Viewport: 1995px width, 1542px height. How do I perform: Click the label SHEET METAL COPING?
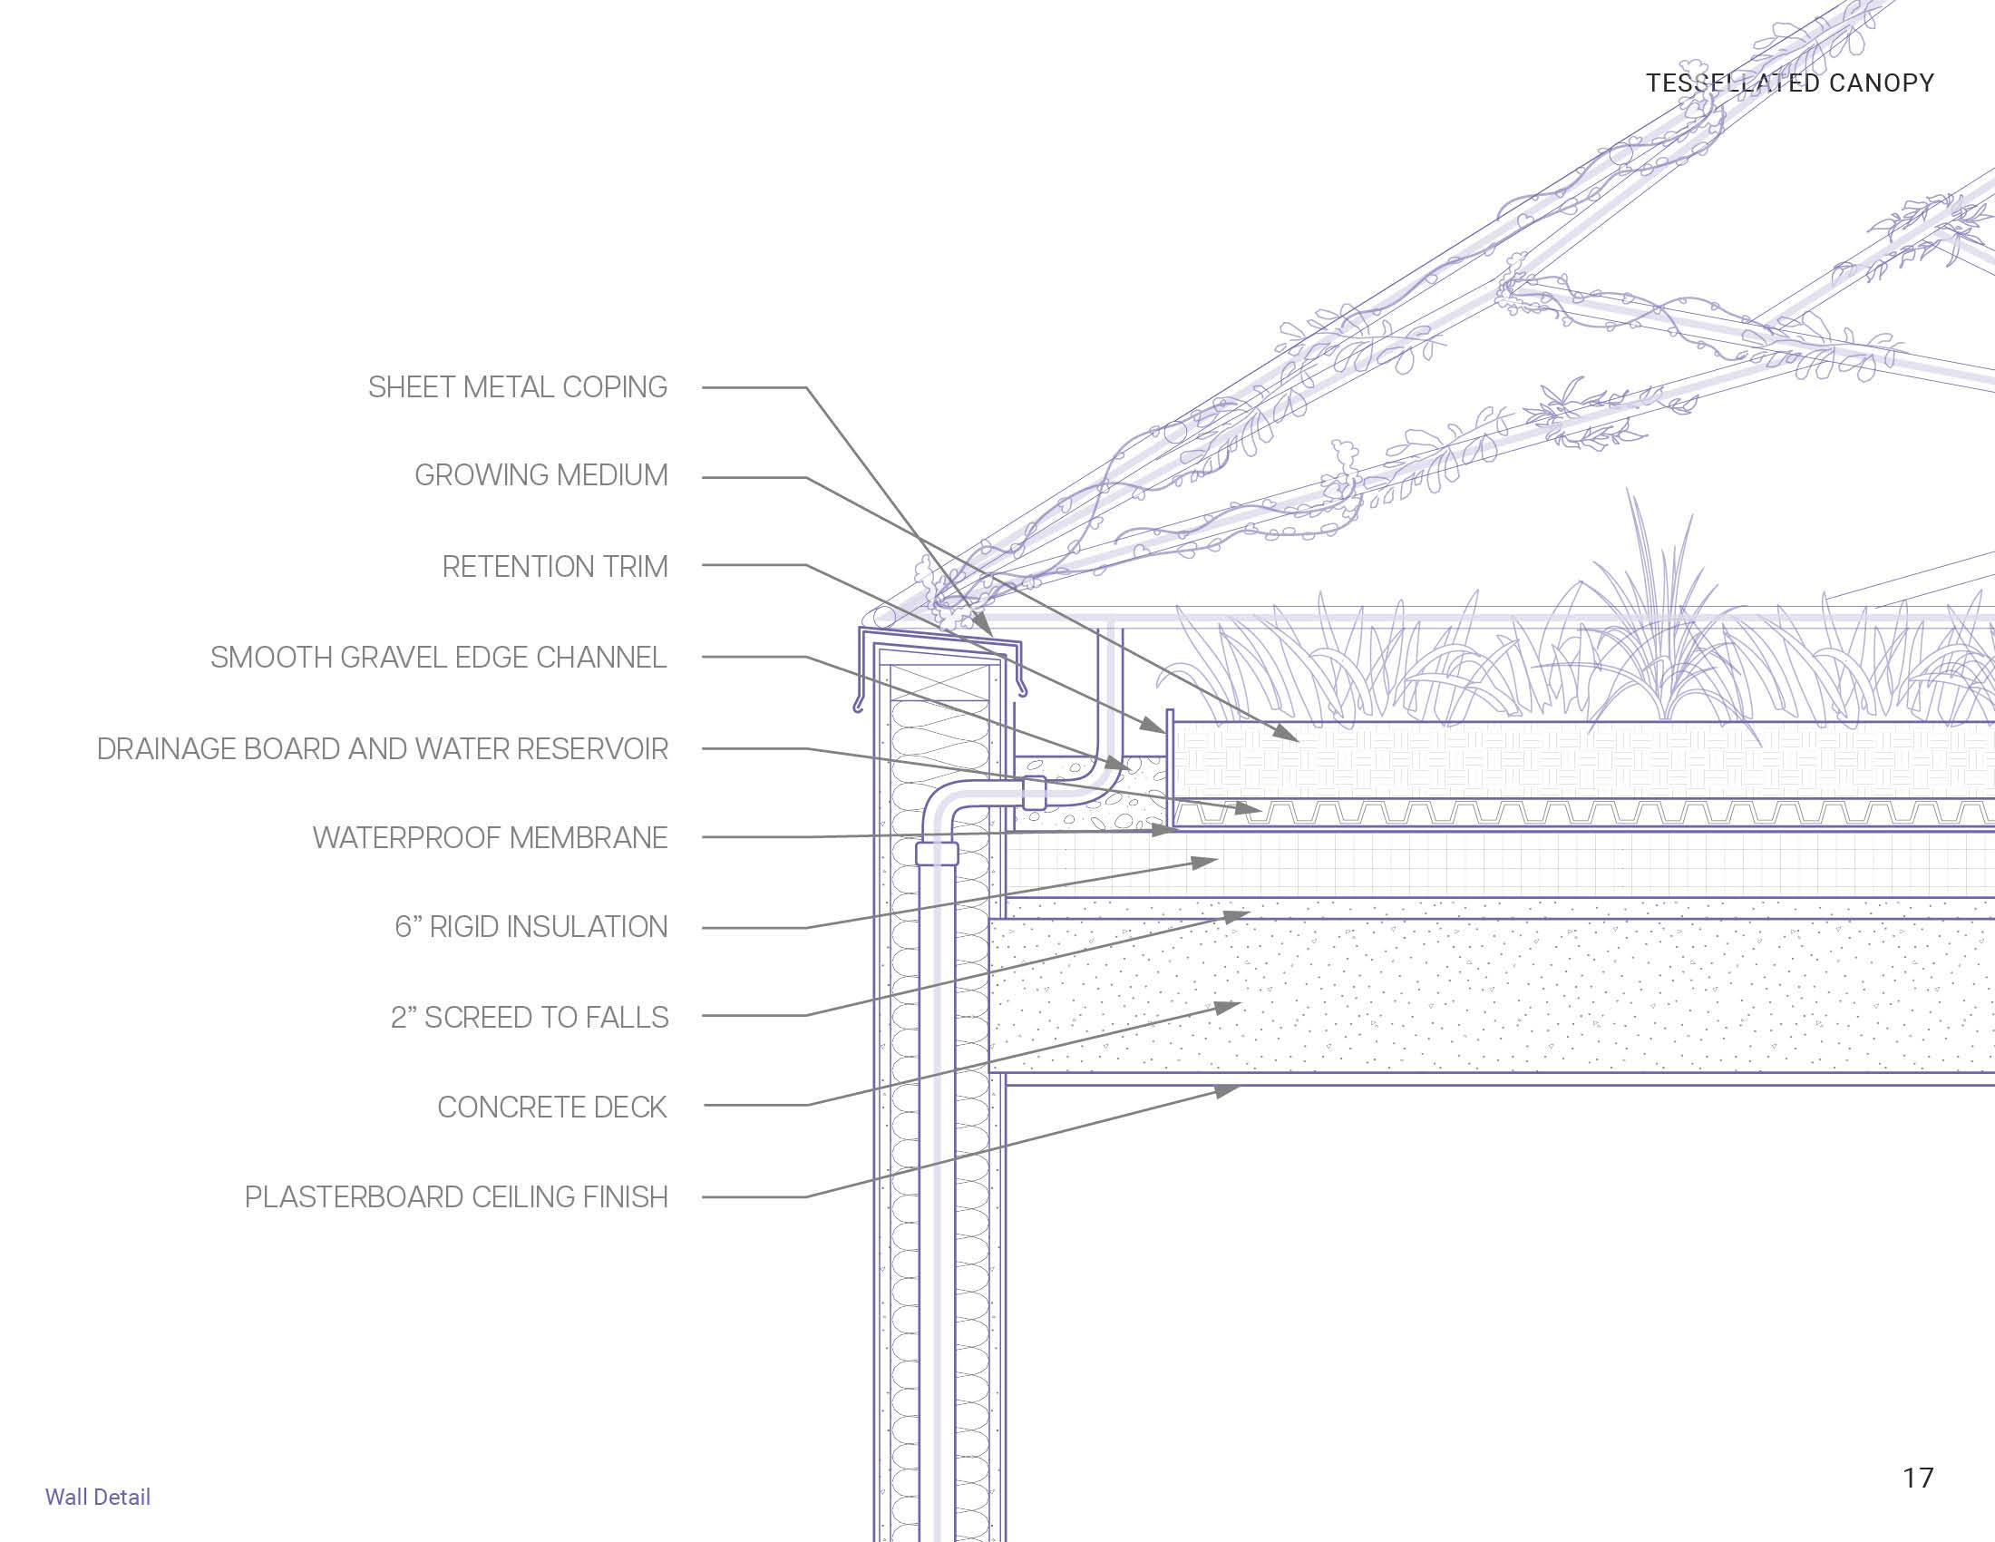(517, 387)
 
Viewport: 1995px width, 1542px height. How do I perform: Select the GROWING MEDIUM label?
(540, 475)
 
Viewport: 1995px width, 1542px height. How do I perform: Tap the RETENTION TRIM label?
(554, 566)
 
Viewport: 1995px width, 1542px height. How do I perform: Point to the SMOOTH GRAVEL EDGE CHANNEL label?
(439, 658)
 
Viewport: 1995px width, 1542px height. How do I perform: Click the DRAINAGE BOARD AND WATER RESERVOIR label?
(382, 749)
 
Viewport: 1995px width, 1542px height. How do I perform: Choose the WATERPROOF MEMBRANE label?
(490, 838)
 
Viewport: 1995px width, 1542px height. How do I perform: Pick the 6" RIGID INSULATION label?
(530, 927)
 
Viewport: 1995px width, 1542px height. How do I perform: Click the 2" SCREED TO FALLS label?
(529, 1017)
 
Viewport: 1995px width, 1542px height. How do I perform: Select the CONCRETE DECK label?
(551, 1108)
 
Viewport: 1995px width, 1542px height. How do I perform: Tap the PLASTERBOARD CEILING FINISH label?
(456, 1196)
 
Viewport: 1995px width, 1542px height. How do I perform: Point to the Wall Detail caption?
(98, 1498)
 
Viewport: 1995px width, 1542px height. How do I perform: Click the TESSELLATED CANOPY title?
(1789, 83)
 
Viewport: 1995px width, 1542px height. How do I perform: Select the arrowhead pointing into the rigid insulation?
(1207, 862)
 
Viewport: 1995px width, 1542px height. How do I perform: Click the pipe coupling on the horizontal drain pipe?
(1034, 792)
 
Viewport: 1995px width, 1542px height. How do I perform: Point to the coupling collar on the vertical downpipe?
(937, 854)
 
